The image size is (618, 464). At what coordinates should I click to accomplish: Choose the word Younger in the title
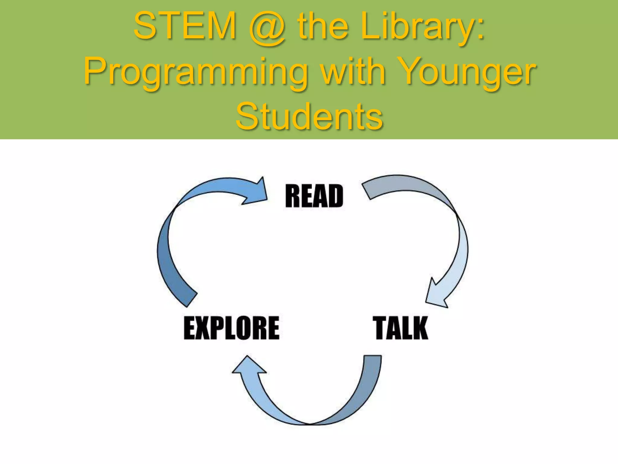click(x=468, y=72)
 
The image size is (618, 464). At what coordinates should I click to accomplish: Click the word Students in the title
click(x=309, y=117)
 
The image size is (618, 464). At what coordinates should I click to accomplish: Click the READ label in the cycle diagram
click(x=314, y=196)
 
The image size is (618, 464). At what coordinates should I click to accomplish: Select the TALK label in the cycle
click(x=401, y=328)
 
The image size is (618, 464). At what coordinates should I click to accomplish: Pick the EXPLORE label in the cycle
click(x=231, y=328)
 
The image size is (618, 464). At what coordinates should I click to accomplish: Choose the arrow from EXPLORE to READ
click(x=169, y=242)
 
